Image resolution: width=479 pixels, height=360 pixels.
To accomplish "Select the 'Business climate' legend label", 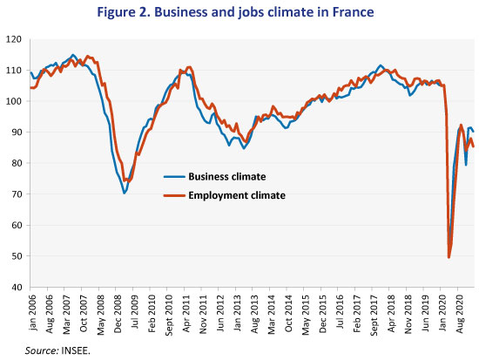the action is pyautogui.click(x=227, y=176).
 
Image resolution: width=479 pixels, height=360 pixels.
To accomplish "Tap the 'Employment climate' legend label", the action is pyautogui.click(x=237, y=195).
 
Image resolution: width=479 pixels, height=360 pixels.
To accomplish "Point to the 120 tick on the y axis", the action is pyautogui.click(x=14, y=39).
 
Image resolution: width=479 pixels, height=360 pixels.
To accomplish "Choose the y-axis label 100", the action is pyautogui.click(x=14, y=101).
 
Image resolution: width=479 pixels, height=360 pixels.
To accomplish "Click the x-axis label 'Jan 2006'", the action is pyautogui.click(x=32, y=312).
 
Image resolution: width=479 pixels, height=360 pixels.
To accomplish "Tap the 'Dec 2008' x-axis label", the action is pyautogui.click(x=118, y=313).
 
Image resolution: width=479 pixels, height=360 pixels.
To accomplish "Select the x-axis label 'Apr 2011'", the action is pyautogui.click(x=186, y=313).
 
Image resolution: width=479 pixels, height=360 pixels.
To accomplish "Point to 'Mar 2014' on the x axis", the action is pyautogui.click(x=272, y=314).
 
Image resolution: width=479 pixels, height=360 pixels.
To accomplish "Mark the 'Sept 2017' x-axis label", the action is pyautogui.click(x=374, y=315).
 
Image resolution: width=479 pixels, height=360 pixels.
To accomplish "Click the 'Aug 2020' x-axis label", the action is pyautogui.click(x=460, y=314).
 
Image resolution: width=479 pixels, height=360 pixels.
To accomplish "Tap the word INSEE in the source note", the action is pyautogui.click(x=76, y=350).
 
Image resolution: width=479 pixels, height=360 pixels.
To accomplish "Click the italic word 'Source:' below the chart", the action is pyautogui.click(x=42, y=350).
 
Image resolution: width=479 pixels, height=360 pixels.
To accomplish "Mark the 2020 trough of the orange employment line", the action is pyautogui.click(x=449, y=257).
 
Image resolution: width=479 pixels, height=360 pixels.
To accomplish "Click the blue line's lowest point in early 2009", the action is pyautogui.click(x=125, y=194).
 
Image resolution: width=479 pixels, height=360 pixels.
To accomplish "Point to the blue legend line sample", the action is pyautogui.click(x=174, y=176).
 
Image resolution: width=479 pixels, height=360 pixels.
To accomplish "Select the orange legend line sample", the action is pyautogui.click(x=174, y=195).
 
